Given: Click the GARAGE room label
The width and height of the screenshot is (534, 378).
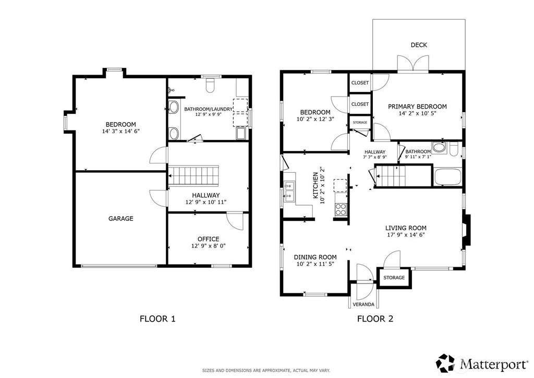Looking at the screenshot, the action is pyautogui.click(x=120, y=218).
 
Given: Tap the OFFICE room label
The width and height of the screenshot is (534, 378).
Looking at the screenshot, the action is pyautogui.click(x=209, y=239).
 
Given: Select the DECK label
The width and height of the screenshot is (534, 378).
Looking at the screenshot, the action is pyautogui.click(x=419, y=45).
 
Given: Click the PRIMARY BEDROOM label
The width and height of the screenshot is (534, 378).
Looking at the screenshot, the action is pyautogui.click(x=417, y=107).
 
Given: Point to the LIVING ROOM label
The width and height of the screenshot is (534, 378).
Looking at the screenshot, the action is pyautogui.click(x=406, y=228).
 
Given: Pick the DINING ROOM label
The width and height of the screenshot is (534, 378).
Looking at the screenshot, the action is pyautogui.click(x=315, y=257).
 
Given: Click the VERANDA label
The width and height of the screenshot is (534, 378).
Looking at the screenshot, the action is pyautogui.click(x=363, y=304).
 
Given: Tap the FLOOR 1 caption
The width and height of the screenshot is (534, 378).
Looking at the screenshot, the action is pyautogui.click(x=157, y=318).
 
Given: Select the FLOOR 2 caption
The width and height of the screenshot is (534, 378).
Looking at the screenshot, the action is pyautogui.click(x=375, y=318).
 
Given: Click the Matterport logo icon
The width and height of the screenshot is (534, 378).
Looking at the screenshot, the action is pyautogui.click(x=446, y=363).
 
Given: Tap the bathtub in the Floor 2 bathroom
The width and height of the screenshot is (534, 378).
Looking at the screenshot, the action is pyautogui.click(x=448, y=177).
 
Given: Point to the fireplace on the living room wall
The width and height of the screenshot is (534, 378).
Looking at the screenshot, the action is pyautogui.click(x=466, y=229).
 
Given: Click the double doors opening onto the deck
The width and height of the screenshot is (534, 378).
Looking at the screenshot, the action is pyautogui.click(x=413, y=64).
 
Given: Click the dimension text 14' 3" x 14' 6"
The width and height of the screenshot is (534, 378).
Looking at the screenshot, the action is pyautogui.click(x=121, y=131).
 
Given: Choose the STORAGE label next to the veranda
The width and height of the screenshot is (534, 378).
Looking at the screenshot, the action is pyautogui.click(x=394, y=277).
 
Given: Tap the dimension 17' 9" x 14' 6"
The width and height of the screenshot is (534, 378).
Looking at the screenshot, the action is pyautogui.click(x=406, y=234).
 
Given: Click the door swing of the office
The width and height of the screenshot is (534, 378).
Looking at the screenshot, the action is pyautogui.click(x=235, y=221).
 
